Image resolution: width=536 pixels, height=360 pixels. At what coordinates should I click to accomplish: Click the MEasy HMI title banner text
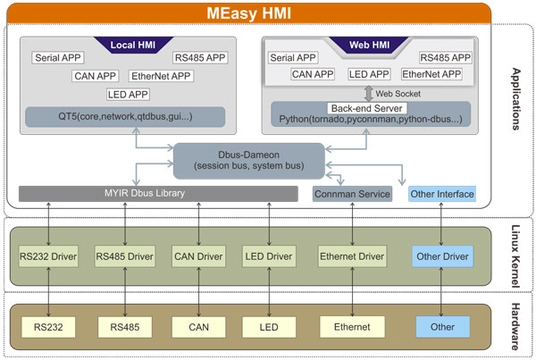[249, 13]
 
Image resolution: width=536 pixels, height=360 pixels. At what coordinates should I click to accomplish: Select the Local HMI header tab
[133, 45]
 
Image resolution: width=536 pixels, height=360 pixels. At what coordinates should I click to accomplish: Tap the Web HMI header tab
[369, 45]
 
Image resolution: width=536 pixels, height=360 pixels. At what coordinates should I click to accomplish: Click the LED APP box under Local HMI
[128, 95]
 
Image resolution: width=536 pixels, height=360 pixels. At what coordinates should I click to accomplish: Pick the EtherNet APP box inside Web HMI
[431, 74]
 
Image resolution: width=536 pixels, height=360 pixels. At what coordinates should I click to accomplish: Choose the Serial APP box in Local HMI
[58, 57]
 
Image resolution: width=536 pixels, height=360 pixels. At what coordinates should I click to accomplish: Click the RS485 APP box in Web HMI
[446, 57]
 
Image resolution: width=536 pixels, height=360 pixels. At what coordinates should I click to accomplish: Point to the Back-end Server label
[367, 108]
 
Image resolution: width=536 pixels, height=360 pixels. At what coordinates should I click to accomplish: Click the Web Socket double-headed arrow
[368, 93]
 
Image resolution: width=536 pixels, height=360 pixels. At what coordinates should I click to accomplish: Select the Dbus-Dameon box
[249, 161]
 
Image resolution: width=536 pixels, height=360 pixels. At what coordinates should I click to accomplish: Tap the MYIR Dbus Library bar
[158, 194]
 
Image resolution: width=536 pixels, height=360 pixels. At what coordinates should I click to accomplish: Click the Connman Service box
[352, 194]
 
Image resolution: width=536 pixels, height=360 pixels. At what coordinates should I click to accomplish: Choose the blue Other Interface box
[442, 194]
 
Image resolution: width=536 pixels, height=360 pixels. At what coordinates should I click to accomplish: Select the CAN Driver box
[198, 256]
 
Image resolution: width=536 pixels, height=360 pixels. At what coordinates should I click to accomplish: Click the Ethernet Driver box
[352, 256]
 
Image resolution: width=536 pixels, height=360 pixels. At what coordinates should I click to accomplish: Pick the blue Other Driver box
[443, 256]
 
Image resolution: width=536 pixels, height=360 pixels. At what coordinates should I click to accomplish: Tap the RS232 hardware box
[48, 327]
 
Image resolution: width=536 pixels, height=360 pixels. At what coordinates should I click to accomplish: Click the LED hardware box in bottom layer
[269, 327]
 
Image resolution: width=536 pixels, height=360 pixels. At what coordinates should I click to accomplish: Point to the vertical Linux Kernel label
[515, 256]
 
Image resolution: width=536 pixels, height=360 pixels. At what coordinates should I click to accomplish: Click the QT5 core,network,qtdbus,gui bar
[125, 117]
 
